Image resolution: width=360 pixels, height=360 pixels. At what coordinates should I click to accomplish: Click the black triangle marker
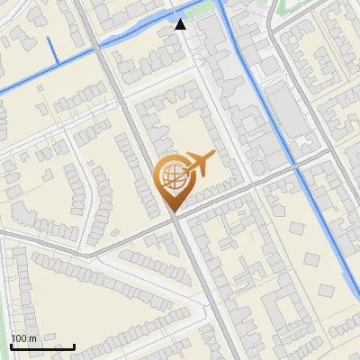click(x=181, y=24)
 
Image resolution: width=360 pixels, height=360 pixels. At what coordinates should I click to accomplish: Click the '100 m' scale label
click(x=23, y=338)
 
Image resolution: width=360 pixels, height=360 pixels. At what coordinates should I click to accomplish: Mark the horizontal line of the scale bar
click(x=42, y=346)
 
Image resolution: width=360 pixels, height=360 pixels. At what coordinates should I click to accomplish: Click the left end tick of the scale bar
click(x=11, y=345)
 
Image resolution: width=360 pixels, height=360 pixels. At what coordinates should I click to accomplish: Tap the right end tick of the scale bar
click(x=74, y=345)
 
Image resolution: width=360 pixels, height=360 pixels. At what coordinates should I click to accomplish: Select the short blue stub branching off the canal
click(x=54, y=52)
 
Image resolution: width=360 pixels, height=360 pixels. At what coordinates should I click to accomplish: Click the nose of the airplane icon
click(x=213, y=156)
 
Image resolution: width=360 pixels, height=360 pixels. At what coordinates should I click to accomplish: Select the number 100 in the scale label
click(x=20, y=338)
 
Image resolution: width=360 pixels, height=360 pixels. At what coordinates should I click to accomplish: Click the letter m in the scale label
click(x=32, y=338)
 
